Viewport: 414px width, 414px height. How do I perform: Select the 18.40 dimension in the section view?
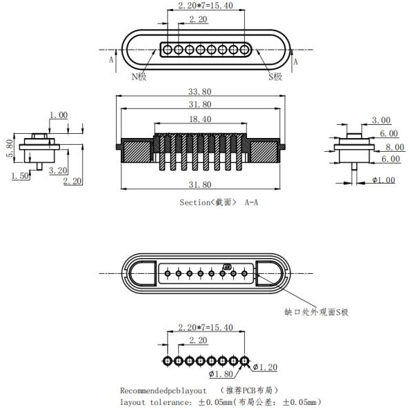point(201,119)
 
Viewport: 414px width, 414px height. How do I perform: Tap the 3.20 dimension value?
point(57,170)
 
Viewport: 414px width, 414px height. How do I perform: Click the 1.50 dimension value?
point(20,177)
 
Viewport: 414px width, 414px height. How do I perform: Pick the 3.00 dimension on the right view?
point(381,120)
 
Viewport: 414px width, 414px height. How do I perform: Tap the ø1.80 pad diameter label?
point(221,375)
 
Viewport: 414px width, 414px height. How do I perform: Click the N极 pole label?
point(139,77)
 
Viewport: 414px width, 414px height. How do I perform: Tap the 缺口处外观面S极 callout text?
point(316,312)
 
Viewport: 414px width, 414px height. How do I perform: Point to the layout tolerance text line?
point(220,402)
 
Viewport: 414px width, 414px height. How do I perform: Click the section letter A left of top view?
point(111,60)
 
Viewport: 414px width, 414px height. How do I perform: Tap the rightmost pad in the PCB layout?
point(244,361)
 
